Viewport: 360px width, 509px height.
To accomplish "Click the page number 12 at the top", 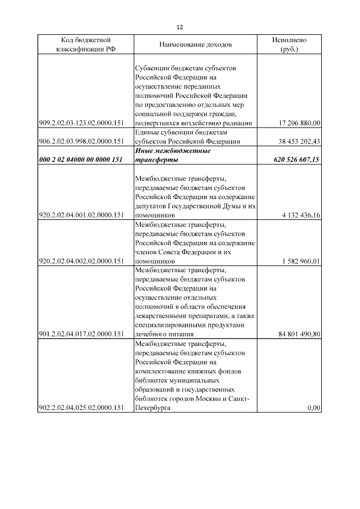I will coord(180,27).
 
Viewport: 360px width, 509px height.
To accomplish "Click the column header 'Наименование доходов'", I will coord(195,44).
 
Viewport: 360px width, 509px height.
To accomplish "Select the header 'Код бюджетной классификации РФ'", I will coord(85,44).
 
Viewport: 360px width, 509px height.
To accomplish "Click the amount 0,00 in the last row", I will coord(313,408).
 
